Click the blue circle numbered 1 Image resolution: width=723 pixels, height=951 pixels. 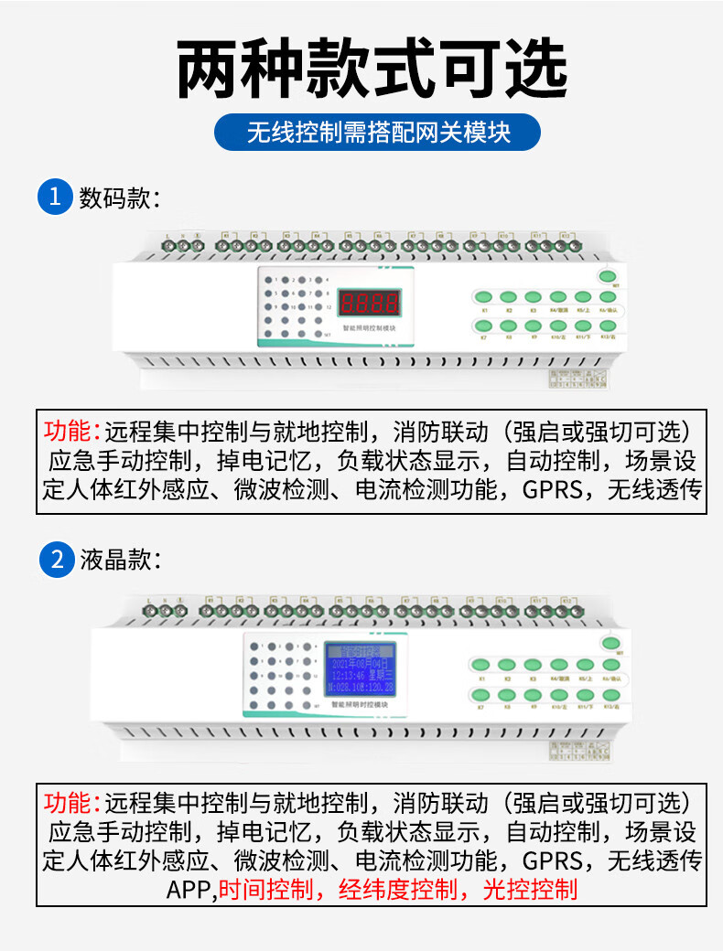point(55,197)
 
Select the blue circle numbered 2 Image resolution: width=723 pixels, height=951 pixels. point(55,560)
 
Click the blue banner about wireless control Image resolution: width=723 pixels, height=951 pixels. point(377,133)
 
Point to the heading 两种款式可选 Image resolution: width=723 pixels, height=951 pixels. point(372,69)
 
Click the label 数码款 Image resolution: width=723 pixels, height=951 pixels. point(119,198)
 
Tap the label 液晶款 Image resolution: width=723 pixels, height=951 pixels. point(119,560)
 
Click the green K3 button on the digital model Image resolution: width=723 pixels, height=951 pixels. point(534,297)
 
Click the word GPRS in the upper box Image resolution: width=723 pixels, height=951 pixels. point(553,489)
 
